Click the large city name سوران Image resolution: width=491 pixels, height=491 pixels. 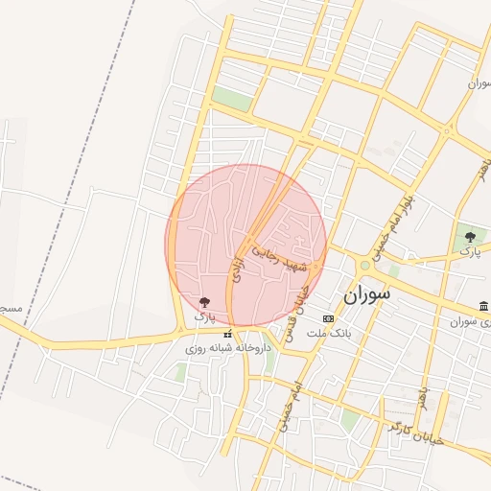point(366,295)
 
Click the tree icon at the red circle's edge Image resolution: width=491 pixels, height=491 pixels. point(203,302)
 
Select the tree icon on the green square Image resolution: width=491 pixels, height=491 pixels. point(470,236)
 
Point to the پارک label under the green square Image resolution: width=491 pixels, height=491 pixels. point(470,250)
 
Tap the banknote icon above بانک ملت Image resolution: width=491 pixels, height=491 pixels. point(328,318)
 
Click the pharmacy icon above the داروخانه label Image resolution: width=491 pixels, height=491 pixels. point(227,334)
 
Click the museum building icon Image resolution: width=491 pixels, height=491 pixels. point(483,306)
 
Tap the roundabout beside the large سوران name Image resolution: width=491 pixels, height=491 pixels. point(364,265)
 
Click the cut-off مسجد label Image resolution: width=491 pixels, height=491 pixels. point(10,309)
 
